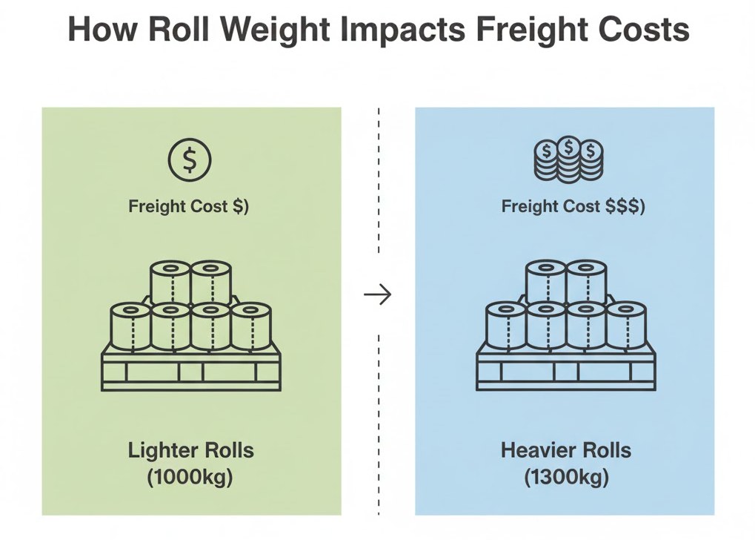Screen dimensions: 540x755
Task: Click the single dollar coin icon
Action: point(190,159)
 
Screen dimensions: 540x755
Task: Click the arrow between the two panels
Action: point(378,295)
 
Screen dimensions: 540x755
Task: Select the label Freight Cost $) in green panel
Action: point(189,206)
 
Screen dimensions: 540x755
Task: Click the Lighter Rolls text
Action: point(191,450)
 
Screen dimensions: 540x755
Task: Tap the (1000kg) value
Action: point(191,477)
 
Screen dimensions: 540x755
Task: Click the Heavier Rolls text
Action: point(565,450)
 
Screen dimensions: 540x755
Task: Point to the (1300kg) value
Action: point(565,477)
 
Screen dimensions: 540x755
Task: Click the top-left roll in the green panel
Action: point(171,282)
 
